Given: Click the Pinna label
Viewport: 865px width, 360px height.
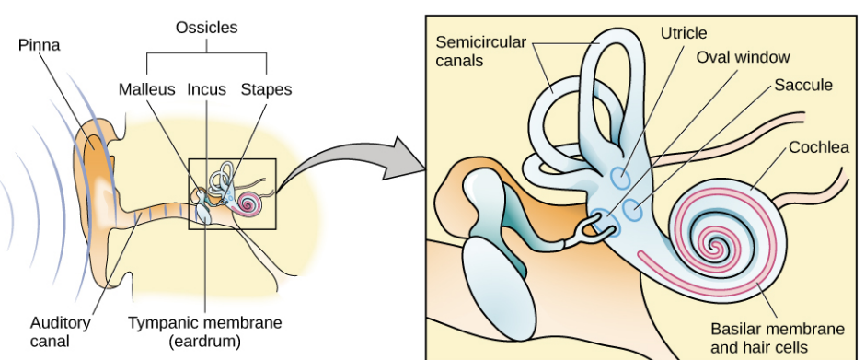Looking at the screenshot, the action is click(40, 45).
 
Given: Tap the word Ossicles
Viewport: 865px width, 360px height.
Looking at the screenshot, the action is click(206, 28).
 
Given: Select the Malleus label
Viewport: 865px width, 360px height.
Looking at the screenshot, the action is click(146, 89).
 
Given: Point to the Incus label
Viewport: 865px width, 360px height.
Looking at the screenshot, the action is click(207, 89).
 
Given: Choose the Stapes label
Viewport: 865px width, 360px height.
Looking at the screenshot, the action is click(267, 89).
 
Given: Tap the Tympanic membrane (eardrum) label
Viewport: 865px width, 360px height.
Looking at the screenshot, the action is click(204, 331).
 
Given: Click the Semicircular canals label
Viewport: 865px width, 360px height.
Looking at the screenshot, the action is click(480, 51).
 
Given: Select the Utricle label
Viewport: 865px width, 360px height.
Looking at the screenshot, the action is click(684, 33).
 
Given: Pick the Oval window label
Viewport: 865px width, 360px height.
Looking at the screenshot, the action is click(744, 57).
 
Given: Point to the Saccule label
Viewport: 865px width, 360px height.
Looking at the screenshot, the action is click(803, 85).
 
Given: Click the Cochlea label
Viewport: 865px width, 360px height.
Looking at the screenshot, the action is click(819, 147).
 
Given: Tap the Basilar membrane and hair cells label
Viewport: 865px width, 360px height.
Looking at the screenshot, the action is click(778, 338).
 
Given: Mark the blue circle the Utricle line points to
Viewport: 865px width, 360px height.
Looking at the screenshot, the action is click(622, 179).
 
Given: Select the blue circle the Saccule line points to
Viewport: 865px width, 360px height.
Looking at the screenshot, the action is click(633, 210).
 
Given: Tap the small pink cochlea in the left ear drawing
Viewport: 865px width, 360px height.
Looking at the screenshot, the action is click(247, 204).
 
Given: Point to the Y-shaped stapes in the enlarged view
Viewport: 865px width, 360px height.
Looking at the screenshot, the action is click(586, 232).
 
